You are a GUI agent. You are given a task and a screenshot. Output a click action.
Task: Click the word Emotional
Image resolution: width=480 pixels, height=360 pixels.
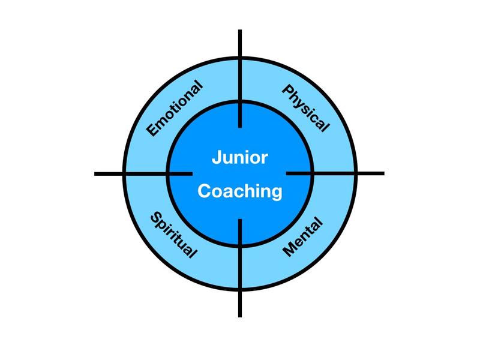[x=175, y=109]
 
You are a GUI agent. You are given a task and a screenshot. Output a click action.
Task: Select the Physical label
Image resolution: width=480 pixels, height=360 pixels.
[x=305, y=109]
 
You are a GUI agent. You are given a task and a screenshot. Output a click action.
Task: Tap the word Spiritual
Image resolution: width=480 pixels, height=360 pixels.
[x=173, y=235]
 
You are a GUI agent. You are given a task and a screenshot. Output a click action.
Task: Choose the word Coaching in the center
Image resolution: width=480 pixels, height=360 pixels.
[x=239, y=191]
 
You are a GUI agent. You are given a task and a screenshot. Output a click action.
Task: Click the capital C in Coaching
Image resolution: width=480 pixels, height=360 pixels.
[x=203, y=191]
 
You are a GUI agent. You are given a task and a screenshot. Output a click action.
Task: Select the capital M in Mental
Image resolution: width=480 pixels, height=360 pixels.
[x=288, y=251]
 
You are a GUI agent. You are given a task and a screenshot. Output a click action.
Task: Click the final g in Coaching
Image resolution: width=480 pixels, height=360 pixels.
[x=276, y=193]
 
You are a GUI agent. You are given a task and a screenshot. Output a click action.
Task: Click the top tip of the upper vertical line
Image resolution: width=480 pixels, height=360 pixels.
[x=240, y=31]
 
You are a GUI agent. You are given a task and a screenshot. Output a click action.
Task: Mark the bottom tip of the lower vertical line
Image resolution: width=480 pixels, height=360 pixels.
[x=240, y=316]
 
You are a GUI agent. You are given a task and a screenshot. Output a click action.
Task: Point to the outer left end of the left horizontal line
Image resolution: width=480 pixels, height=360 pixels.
[x=95, y=174]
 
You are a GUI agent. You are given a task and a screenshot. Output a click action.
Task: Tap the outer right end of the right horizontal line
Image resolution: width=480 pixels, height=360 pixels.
[x=383, y=173]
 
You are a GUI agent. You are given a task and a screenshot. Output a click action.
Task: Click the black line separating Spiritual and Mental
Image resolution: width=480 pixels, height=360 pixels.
[x=240, y=267]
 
